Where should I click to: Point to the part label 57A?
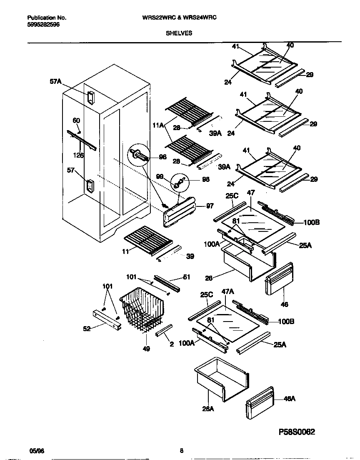pyautogui.click(x=55, y=83)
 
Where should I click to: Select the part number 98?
pyautogui.click(x=205, y=179)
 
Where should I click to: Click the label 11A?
pyautogui.click(x=158, y=125)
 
